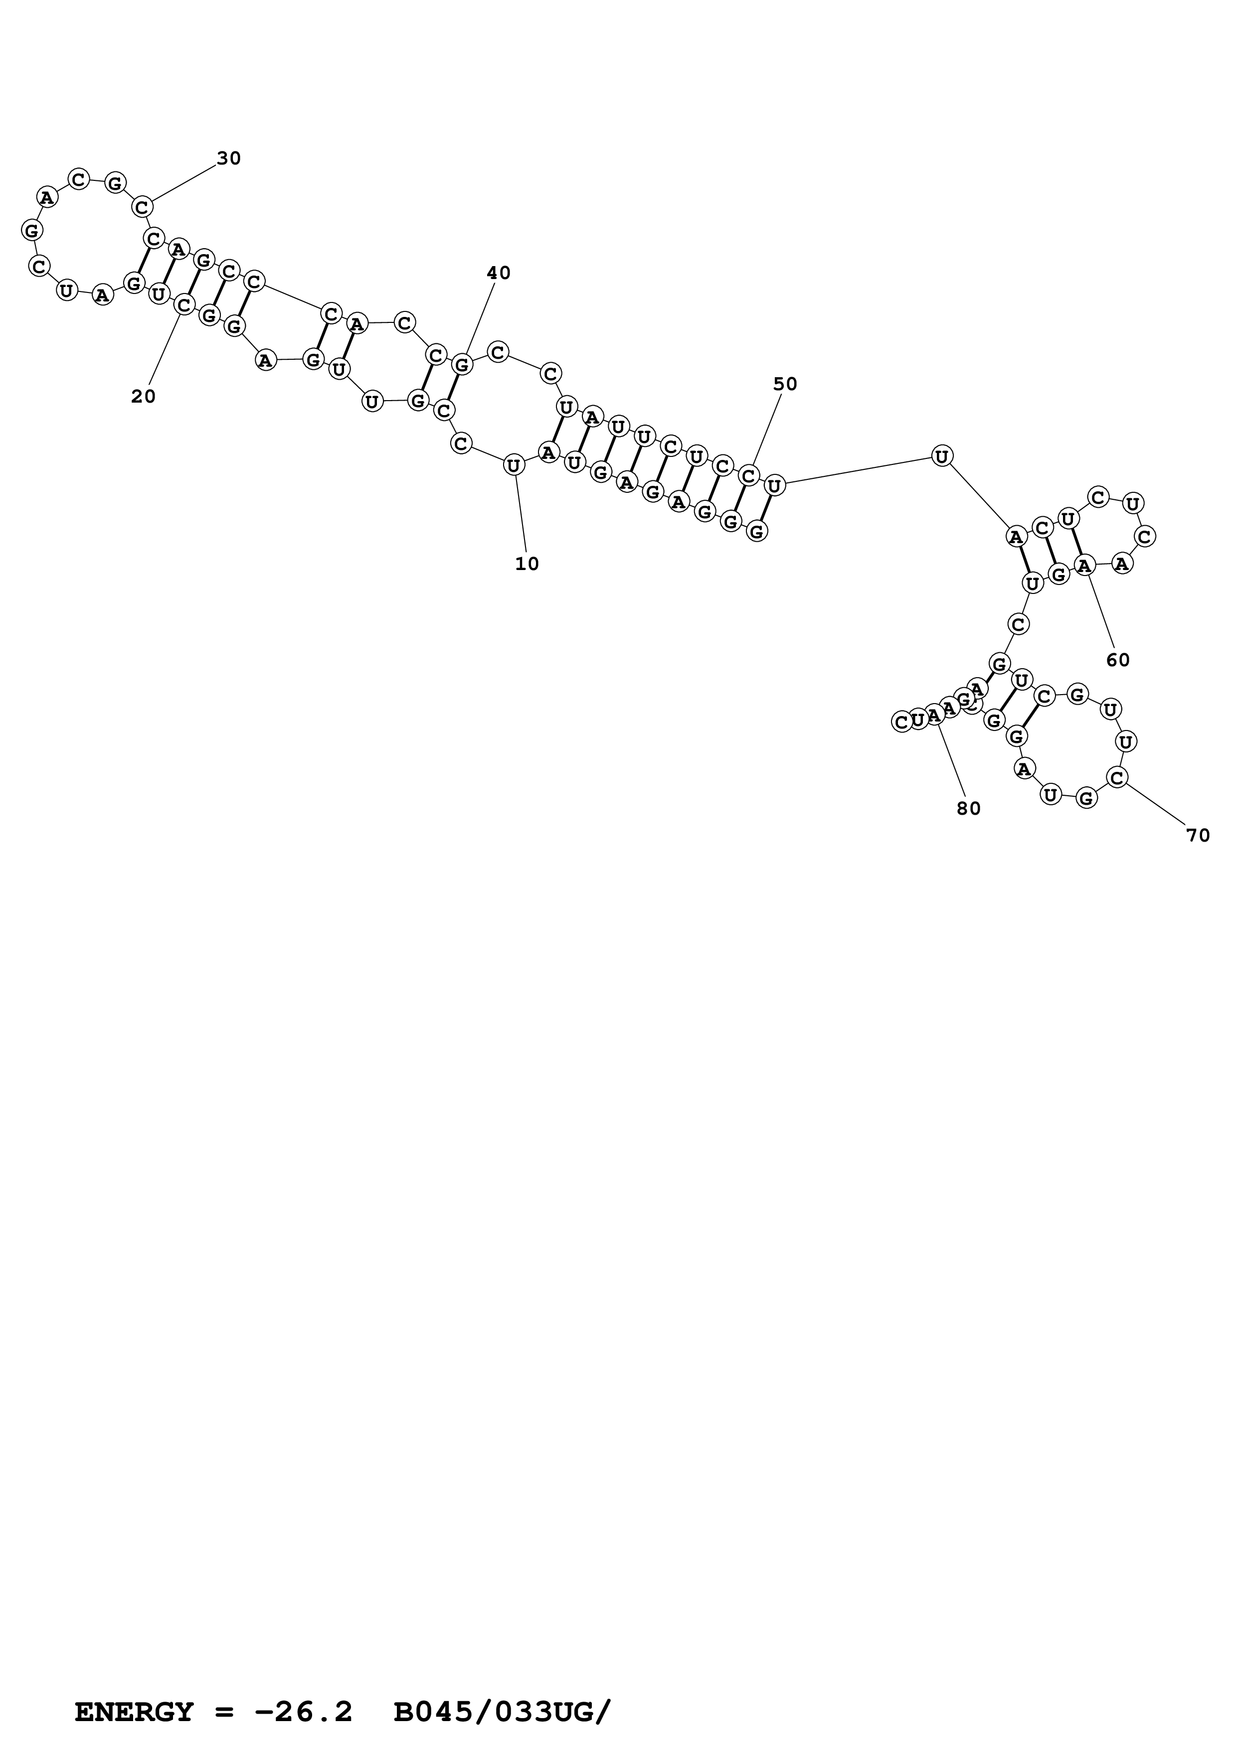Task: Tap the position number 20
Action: pos(143,397)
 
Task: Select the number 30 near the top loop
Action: pos(228,158)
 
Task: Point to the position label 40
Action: pos(499,273)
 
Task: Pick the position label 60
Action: pos(1118,661)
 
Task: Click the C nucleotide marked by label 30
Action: pos(143,207)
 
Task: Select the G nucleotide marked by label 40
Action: pos(462,365)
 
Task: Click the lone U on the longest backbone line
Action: pos(942,456)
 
